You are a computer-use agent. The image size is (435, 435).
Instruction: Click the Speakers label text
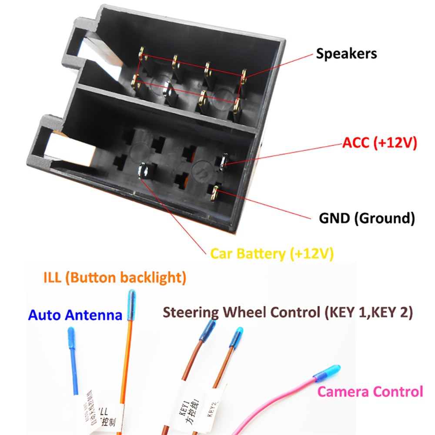click(x=346, y=54)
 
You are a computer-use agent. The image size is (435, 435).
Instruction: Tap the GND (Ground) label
click(x=366, y=217)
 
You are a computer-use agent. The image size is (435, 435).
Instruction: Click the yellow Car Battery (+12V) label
click(x=272, y=254)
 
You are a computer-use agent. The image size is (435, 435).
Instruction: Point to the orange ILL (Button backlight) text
click(x=115, y=278)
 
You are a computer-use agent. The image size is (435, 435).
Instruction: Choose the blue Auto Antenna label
click(x=75, y=315)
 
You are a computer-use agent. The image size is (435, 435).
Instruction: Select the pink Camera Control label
click(x=370, y=391)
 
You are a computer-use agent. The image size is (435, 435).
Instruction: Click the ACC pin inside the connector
click(x=223, y=160)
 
